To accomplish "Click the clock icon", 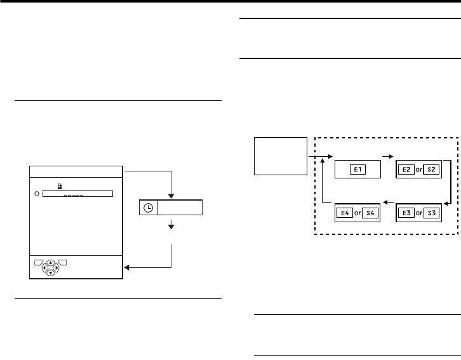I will pyautogui.click(x=148, y=208).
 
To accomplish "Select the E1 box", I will pyautogui.click(x=357, y=170).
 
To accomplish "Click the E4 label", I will pyautogui.click(x=347, y=211).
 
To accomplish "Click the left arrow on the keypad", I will pyautogui.click(x=44, y=267).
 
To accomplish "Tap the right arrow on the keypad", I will pyautogui.click(x=57, y=267).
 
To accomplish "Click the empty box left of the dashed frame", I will pyautogui.click(x=280, y=155).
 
